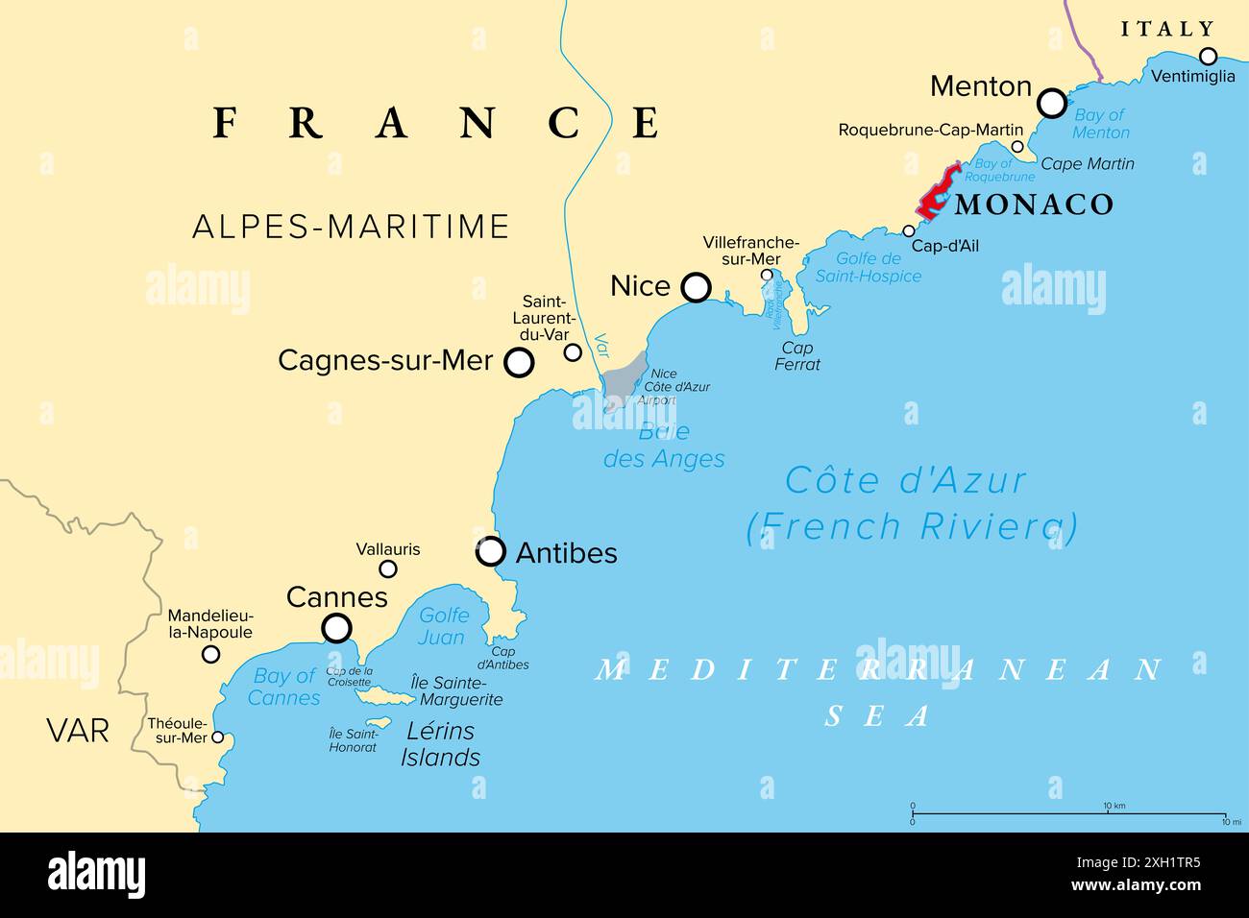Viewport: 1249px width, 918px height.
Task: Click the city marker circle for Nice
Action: coord(696,287)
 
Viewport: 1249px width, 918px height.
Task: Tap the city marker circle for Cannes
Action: coord(336,628)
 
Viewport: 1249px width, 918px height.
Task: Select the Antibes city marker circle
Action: coord(491,551)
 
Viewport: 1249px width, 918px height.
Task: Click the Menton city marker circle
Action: coord(1053,103)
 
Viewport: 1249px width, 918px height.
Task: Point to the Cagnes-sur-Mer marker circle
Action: coord(519,362)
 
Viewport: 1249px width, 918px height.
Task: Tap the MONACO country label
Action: coord(1034,205)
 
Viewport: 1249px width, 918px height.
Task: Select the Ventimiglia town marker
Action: coord(1208,56)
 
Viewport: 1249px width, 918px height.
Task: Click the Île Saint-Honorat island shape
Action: coord(377,722)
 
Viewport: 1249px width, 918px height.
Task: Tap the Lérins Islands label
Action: coord(440,744)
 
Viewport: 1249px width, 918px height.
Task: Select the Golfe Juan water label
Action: coord(442,626)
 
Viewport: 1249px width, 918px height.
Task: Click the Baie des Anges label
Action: coord(664,446)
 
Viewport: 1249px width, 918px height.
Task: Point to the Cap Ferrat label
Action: coord(797,356)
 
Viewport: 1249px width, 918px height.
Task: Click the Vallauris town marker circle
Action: coord(388,568)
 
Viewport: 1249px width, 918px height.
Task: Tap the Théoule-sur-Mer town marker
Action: coord(218,737)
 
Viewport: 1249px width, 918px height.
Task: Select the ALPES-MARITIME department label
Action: coord(351,227)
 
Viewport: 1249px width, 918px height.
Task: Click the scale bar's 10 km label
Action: coord(1114,806)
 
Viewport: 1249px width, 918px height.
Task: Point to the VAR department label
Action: coord(78,731)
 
